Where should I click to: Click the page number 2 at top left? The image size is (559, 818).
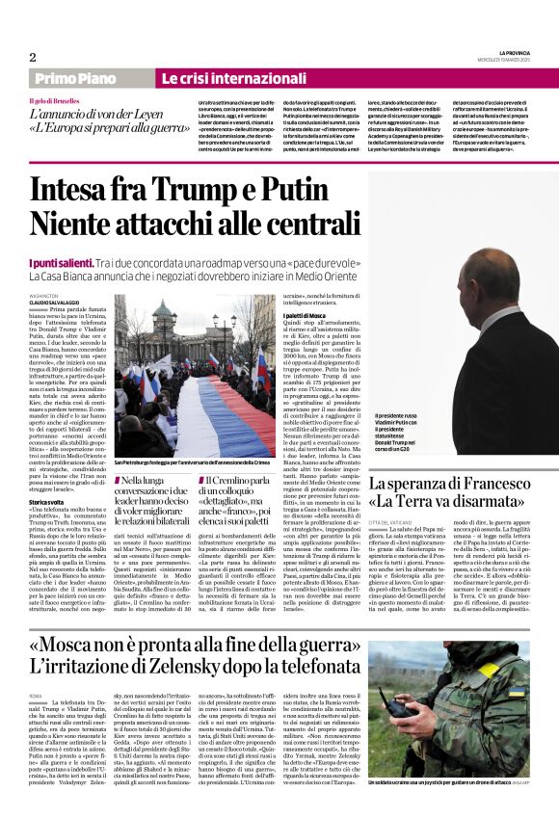coord(32,57)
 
